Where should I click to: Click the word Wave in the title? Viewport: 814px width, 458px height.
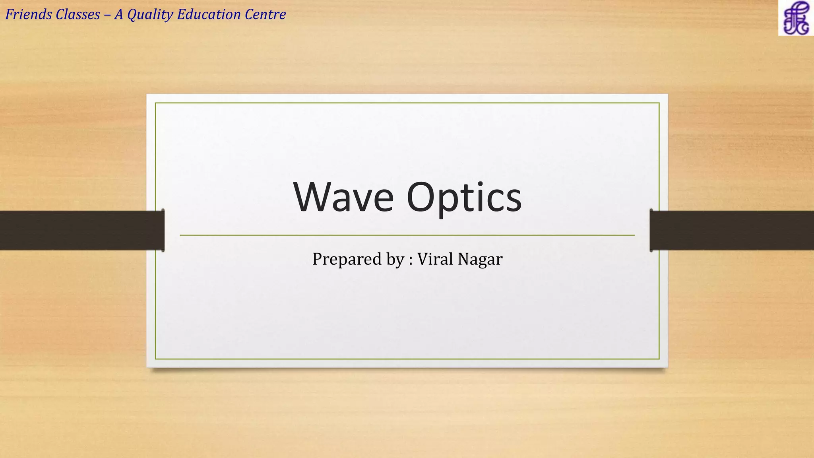point(343,197)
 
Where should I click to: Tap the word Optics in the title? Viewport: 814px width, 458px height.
point(464,197)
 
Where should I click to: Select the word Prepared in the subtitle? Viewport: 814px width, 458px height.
point(347,260)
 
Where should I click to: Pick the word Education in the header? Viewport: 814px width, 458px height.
point(209,14)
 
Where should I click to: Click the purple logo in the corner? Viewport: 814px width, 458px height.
point(796,18)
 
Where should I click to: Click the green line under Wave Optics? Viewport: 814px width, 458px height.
point(407,235)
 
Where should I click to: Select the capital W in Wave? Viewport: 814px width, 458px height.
point(314,197)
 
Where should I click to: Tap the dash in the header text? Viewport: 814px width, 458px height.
point(107,15)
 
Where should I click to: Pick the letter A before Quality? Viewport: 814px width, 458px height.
point(118,14)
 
